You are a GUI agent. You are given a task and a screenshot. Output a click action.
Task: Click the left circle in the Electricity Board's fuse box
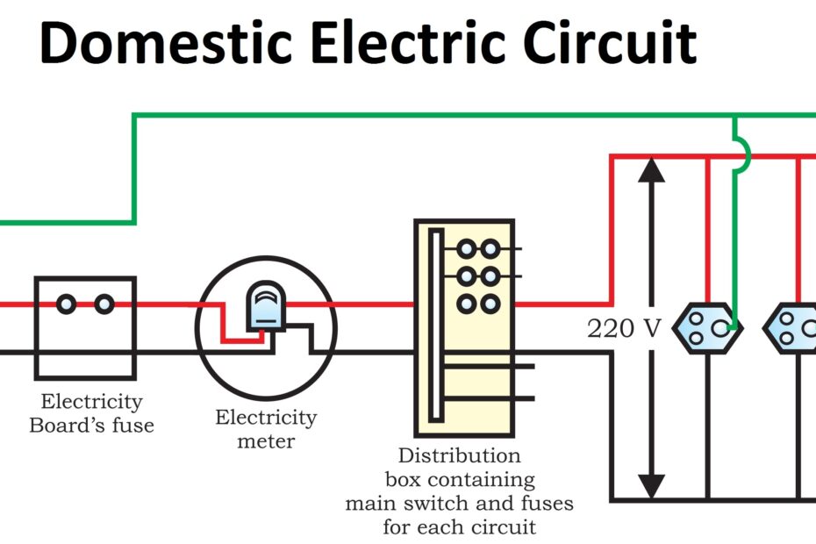coord(67,304)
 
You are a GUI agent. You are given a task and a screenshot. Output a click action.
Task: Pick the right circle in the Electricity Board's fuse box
coord(104,304)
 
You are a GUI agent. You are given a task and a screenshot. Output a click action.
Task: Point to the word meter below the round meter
coord(267,440)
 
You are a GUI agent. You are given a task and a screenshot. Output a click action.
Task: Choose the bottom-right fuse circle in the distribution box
coord(490,304)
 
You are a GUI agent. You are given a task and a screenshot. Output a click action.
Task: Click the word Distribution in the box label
coord(459,456)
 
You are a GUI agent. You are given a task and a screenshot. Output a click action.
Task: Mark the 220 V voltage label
coord(624,329)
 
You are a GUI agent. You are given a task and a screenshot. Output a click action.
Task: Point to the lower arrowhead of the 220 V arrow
coord(650,485)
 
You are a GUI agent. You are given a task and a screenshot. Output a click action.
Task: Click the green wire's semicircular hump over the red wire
coord(744,155)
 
